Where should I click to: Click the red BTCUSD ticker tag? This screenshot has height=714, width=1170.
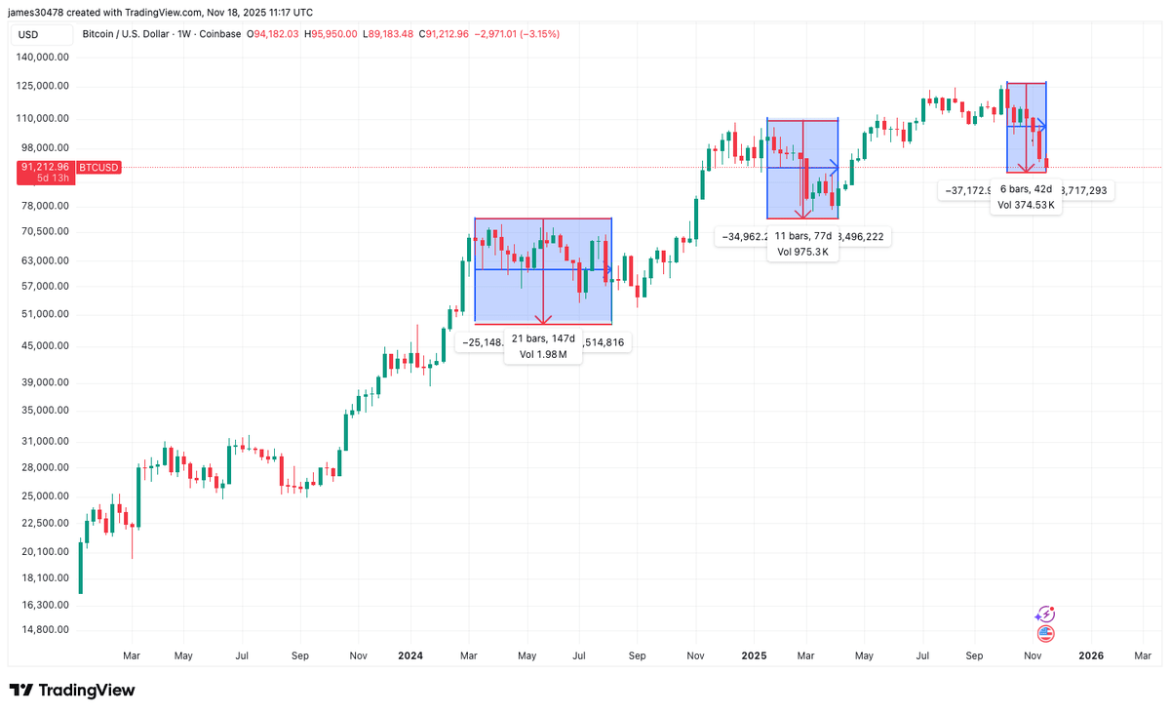pos(98,168)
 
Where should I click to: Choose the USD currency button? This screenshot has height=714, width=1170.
pos(28,34)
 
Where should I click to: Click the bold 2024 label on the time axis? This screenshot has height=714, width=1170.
pos(410,656)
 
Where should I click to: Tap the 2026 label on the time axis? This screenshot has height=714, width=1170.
pos(1091,656)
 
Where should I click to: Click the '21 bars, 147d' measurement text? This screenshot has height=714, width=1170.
pos(543,338)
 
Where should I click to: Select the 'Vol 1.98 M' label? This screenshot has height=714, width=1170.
pos(543,354)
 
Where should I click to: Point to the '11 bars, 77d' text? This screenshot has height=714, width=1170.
pos(802,236)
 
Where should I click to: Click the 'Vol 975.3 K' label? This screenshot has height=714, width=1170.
pos(802,252)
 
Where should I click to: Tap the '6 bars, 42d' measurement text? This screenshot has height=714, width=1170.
pos(1026,189)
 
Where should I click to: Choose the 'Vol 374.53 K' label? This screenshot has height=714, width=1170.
pos(1026,205)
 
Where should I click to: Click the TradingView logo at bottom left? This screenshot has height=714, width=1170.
pos(73,691)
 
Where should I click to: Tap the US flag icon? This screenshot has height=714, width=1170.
pos(1046,634)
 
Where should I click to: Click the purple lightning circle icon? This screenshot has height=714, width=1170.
pos(1045,615)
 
